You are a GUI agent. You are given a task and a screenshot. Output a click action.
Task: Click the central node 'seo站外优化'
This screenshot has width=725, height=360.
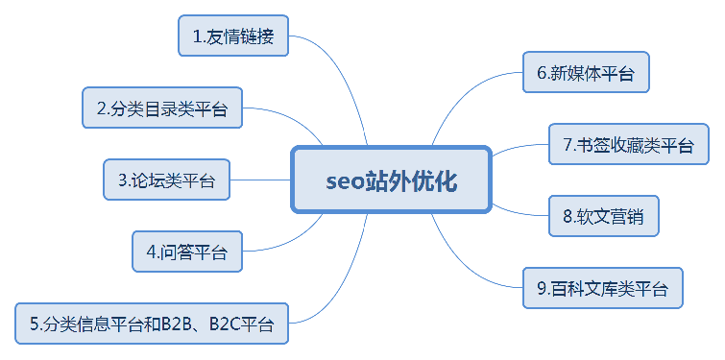click(391, 180)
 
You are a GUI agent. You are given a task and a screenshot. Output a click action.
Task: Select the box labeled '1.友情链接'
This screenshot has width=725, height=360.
click(233, 37)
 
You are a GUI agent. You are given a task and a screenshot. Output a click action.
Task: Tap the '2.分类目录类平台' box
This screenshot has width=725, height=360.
click(161, 108)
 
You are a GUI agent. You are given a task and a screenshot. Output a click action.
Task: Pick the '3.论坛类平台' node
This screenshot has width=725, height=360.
click(167, 180)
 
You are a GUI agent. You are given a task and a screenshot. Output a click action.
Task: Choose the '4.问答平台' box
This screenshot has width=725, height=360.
click(187, 252)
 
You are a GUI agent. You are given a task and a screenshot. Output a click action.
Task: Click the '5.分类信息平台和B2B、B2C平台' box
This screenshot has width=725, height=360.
click(152, 324)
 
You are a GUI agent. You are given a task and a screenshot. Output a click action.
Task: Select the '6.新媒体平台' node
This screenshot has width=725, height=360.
click(586, 72)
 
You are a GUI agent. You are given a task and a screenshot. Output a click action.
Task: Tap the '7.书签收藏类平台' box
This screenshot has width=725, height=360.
click(628, 145)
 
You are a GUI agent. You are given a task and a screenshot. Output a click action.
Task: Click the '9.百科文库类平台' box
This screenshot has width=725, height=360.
click(603, 287)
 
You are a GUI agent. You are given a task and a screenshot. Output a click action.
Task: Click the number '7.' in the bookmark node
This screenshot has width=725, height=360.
click(568, 146)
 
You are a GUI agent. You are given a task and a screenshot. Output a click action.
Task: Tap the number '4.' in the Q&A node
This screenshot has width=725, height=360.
click(153, 252)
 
